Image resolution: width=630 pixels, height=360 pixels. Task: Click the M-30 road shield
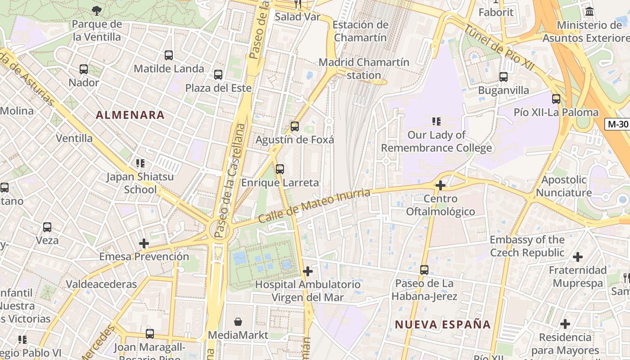(x=616, y=124)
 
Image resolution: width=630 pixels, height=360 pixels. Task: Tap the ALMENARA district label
(x=130, y=115)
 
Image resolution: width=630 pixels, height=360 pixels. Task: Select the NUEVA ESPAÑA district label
(x=443, y=324)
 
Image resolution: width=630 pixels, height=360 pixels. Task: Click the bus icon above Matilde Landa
(x=169, y=55)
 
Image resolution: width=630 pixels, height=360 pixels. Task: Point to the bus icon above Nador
(x=84, y=69)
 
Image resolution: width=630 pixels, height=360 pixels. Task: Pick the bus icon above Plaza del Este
(x=218, y=75)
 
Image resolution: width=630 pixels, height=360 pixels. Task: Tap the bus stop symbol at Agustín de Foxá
(x=295, y=126)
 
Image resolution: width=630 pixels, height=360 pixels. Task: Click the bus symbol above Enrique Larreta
(x=280, y=169)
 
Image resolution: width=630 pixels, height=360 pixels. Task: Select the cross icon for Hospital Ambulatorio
(x=308, y=271)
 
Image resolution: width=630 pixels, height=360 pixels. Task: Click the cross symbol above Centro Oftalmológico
(x=441, y=185)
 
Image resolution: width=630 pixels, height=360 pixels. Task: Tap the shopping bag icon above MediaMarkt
(x=238, y=322)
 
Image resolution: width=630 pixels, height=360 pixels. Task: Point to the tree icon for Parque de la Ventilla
(x=97, y=10)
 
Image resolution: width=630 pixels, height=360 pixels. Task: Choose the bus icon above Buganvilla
(x=504, y=77)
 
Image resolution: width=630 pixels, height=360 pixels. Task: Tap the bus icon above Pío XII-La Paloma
(x=556, y=99)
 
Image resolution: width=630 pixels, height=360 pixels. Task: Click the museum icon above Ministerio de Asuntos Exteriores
(x=589, y=12)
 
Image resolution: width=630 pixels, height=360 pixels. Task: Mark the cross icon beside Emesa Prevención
(x=144, y=243)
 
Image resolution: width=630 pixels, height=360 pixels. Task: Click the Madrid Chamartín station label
(x=364, y=68)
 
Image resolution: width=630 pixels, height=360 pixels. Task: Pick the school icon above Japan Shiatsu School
(x=140, y=163)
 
